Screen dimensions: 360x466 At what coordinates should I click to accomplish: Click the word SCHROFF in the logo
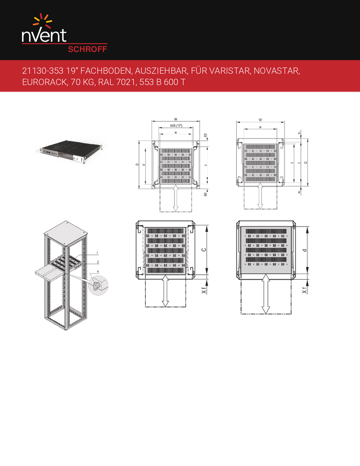[87, 48]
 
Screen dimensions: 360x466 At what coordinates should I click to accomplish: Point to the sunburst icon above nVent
[42, 21]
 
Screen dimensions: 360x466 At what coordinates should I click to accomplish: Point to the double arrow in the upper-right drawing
[260, 195]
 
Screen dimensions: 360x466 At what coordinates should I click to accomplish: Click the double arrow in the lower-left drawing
[165, 291]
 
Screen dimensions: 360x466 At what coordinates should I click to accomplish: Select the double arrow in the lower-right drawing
[266, 294]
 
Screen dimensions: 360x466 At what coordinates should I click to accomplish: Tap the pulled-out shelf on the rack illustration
[48, 271]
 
